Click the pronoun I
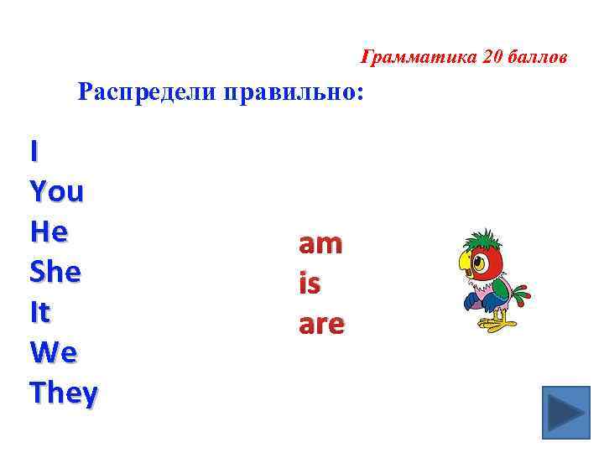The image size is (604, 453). [34, 152]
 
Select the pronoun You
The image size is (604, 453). [56, 192]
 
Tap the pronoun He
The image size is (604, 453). [48, 232]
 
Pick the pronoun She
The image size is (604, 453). [55, 272]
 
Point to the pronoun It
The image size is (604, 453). [39, 312]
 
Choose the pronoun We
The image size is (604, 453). [53, 352]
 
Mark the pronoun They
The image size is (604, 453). [63, 392]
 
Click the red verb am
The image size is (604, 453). [320, 244]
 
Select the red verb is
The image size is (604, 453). [309, 284]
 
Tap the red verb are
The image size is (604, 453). [320, 325]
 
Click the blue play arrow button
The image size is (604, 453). [565, 414]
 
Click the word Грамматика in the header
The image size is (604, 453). [409, 58]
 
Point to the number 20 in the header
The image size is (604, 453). [492, 58]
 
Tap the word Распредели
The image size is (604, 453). [146, 91]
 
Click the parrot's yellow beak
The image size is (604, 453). [465, 267]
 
